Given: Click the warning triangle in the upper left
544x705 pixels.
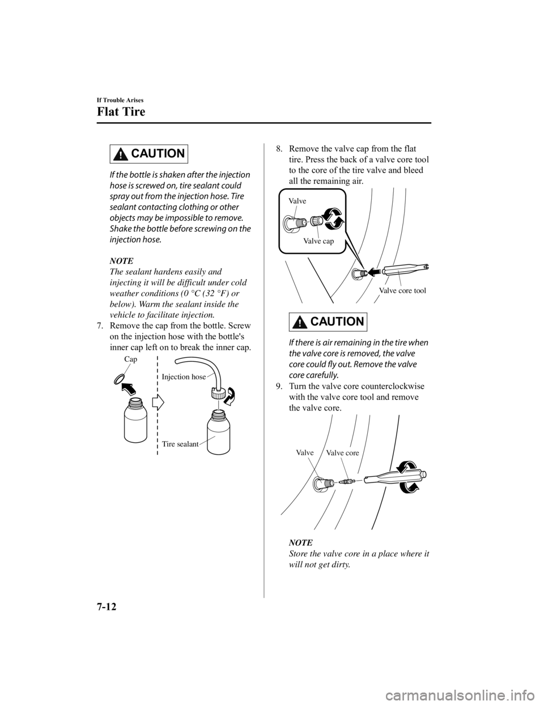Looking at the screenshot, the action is point(120,155).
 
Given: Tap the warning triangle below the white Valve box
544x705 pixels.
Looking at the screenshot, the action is point(299,323).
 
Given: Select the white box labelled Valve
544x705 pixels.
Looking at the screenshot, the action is point(385,290).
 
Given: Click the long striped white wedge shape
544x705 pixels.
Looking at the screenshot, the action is point(354,249).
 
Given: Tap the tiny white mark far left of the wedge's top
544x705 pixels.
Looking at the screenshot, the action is point(306,223).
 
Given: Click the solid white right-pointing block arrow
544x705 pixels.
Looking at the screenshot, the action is point(158,402).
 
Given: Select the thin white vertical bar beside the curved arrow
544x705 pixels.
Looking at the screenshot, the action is point(218,405).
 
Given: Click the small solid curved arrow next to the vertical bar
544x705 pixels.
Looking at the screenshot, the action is point(230,397).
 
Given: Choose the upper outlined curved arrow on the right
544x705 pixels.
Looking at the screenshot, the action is point(408,465).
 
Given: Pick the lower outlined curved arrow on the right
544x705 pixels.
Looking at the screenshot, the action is point(410,487).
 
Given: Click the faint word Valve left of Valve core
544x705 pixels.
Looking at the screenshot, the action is point(305,453).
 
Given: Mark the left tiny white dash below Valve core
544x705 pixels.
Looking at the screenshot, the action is point(335,482).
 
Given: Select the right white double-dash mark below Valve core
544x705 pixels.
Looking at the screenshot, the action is point(359,480).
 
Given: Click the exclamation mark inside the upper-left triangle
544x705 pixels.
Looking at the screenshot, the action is point(120,156).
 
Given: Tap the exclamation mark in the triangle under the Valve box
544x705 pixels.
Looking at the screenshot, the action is point(299,324).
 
